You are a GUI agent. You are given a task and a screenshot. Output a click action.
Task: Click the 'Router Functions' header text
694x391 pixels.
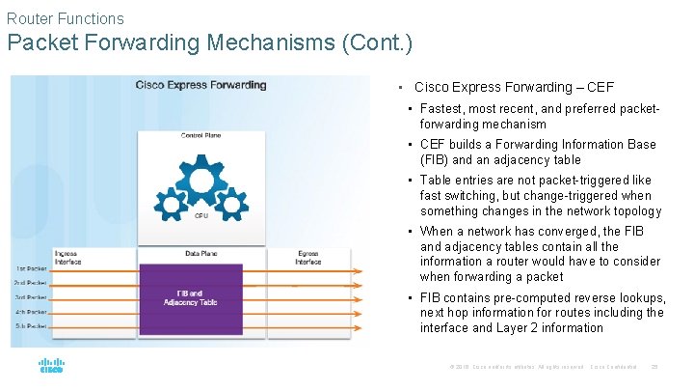pyautogui.click(x=65, y=18)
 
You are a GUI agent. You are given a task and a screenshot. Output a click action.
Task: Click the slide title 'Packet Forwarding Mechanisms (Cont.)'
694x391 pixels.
pyautogui.click(x=209, y=43)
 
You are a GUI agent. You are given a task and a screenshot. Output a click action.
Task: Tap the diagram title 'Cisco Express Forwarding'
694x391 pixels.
pyautogui.click(x=200, y=85)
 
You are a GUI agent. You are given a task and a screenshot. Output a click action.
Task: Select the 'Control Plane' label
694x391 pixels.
pyautogui.click(x=200, y=135)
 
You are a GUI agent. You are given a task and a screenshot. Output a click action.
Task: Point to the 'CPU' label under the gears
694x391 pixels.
pyautogui.click(x=200, y=216)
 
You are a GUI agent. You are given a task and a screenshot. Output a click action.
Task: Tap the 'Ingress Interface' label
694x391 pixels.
pyautogui.click(x=67, y=257)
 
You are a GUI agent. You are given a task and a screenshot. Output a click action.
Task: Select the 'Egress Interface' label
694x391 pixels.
pyautogui.click(x=308, y=257)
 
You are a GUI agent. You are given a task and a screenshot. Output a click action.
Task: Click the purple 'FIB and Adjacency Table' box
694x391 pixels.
pyautogui.click(x=190, y=297)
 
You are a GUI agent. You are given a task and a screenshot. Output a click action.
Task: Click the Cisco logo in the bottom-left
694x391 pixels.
pyautogui.click(x=51, y=366)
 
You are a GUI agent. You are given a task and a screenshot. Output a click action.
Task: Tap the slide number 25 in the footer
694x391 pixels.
pyautogui.click(x=654, y=367)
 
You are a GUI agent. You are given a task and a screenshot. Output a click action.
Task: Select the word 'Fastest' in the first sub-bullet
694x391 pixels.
pyautogui.click(x=442, y=109)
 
